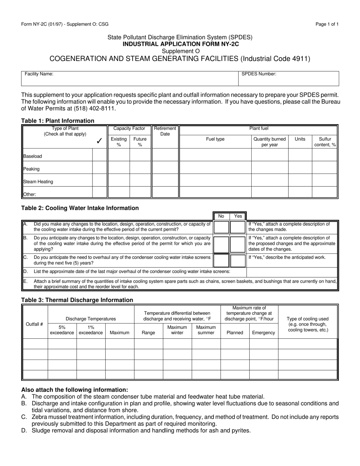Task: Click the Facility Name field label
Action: coord(39,74)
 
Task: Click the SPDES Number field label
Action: coord(259,74)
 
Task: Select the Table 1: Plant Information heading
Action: coord(58,121)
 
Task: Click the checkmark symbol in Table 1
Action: coord(99,141)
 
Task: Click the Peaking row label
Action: coord(31,169)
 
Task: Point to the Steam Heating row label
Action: coord(38,181)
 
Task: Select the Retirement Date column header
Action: coord(165,131)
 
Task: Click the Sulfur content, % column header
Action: coord(325,142)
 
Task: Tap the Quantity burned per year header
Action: coord(270,142)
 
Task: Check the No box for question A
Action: coord(222,227)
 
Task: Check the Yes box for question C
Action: coord(238,261)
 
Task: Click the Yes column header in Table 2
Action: coord(238,216)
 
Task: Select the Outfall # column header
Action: coord(34,324)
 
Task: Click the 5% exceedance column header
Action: coord(62,330)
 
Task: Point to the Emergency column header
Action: coord(264,333)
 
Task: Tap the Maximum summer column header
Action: coord(206,330)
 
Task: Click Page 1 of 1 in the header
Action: coord(327,24)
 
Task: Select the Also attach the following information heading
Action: coord(75,389)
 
